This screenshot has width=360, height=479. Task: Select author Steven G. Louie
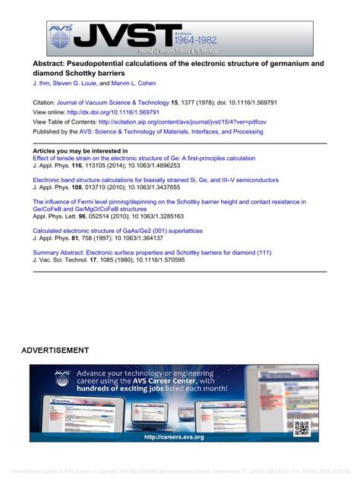[84, 82]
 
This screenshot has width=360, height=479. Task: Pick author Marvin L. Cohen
[144, 82]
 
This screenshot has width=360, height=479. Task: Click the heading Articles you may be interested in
[81, 151]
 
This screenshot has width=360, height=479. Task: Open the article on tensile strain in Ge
[144, 158]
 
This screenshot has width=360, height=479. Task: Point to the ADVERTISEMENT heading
[55, 350]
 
